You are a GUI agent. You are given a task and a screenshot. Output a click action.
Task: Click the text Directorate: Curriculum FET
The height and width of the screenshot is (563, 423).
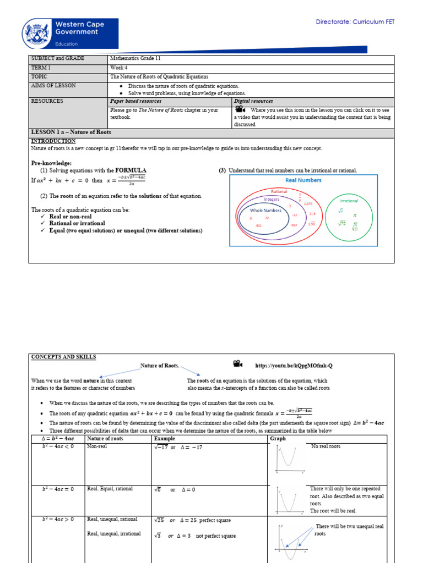355,22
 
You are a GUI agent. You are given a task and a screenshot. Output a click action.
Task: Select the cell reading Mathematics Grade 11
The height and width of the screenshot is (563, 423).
135,59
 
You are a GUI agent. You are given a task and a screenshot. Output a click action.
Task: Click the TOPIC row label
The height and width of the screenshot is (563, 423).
40,77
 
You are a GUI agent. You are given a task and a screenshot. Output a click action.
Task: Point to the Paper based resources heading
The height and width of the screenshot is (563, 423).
136,101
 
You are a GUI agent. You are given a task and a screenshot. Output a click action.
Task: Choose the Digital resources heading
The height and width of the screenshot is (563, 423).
253,101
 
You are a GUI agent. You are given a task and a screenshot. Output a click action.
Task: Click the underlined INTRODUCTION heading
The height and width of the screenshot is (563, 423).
53,141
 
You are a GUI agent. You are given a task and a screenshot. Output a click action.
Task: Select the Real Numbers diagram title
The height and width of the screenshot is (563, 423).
303,180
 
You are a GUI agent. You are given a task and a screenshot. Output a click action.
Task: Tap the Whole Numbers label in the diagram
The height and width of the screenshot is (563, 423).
265,210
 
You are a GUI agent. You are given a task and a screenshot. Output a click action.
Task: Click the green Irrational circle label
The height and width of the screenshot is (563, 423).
349,201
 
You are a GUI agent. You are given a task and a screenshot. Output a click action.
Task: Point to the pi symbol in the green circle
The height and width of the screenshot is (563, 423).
355,216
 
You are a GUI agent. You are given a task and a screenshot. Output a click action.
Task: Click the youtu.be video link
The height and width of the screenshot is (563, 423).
294,366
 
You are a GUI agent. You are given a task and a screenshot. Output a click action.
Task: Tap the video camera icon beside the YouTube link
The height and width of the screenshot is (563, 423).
236,364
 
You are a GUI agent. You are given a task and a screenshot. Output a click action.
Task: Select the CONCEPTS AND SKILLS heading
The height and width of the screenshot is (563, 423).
63,357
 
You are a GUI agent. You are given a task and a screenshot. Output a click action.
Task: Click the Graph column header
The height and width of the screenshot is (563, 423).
278,439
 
